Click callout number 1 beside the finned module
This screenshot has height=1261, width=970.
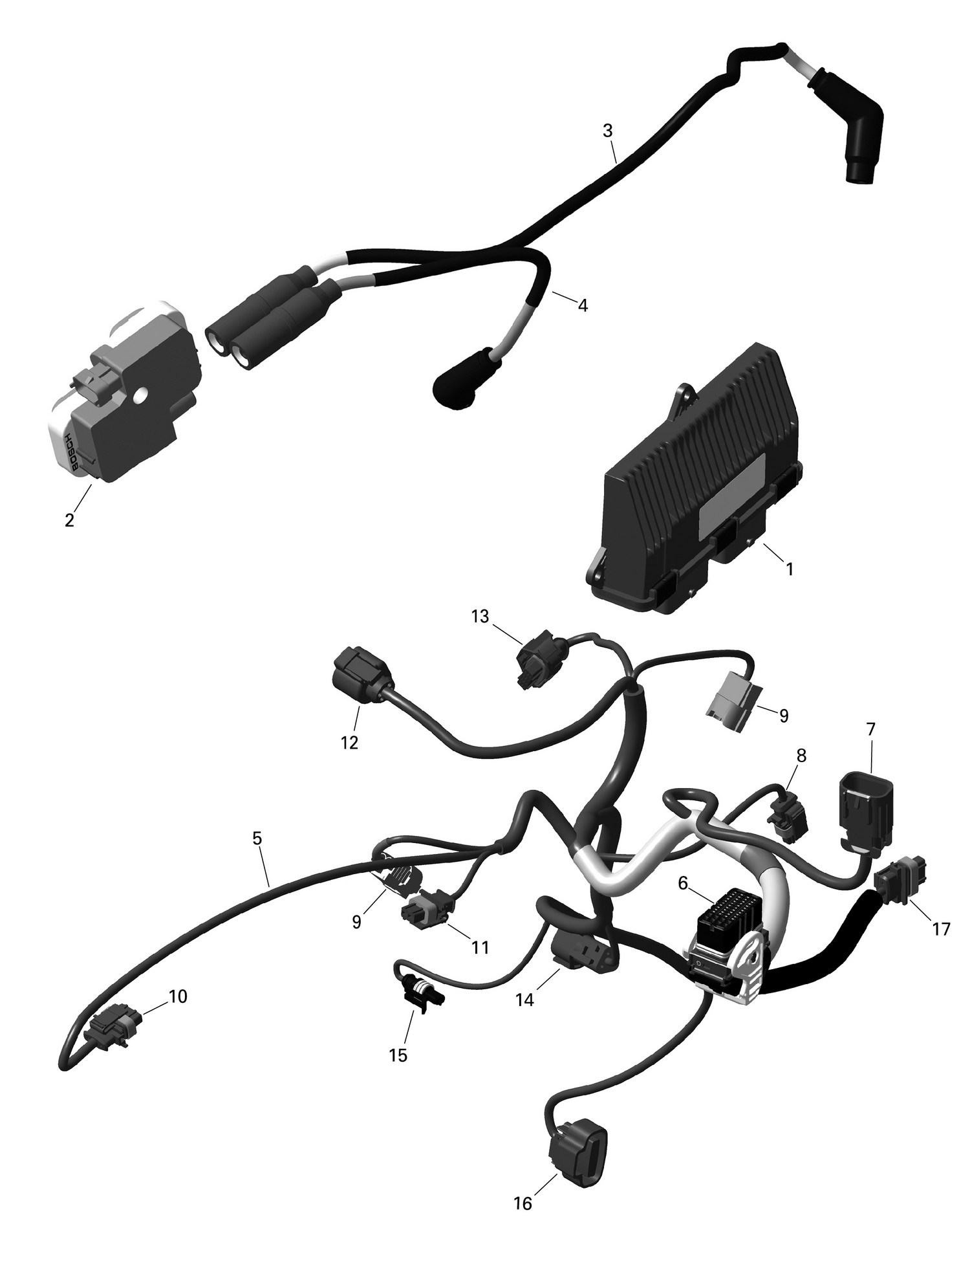(788, 569)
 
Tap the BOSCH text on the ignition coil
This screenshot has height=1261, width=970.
(72, 450)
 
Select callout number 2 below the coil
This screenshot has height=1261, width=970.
(70, 520)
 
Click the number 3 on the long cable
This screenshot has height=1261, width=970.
(607, 131)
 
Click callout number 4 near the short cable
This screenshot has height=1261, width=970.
(583, 305)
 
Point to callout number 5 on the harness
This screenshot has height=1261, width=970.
(257, 839)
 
